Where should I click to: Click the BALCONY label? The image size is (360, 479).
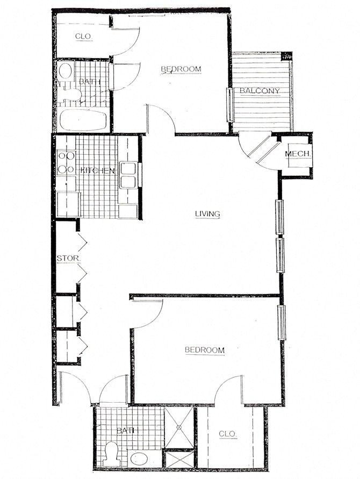tap(260, 90)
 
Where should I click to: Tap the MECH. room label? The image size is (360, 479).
tap(298, 154)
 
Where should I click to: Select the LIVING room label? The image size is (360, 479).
tap(207, 214)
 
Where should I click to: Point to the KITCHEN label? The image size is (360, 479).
tap(97, 170)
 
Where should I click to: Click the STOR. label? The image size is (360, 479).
tap(68, 258)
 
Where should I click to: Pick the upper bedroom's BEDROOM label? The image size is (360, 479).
tap(181, 69)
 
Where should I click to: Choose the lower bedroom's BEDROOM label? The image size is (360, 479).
tap(204, 350)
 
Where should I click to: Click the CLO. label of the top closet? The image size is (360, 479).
tap(83, 37)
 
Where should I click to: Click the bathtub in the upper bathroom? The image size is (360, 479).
tap(83, 119)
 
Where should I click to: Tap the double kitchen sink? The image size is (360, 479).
tap(128, 175)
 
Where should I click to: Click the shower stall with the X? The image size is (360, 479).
tap(178, 427)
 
